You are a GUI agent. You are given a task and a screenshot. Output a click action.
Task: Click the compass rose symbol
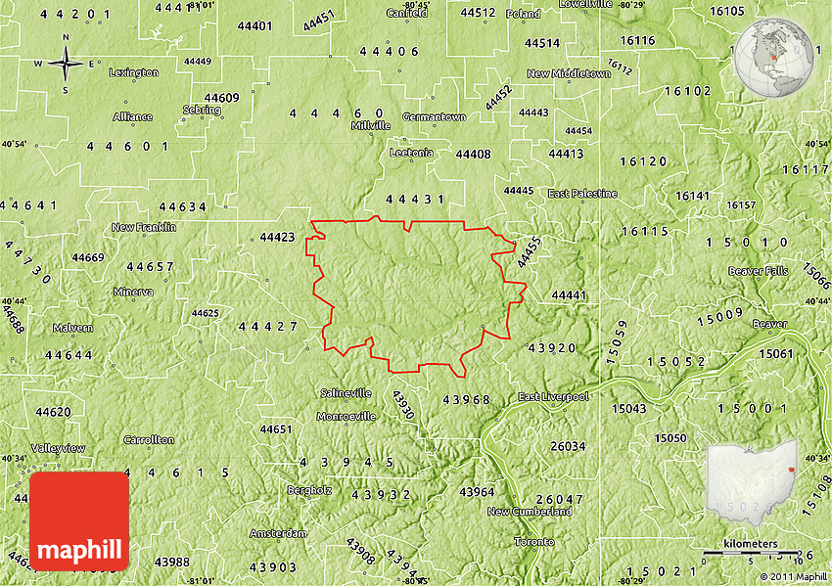click(66, 65)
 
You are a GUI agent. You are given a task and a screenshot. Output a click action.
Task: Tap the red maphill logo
click(79, 521)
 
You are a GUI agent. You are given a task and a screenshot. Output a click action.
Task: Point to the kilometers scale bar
click(751, 551)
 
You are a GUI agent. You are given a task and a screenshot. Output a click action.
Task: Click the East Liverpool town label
click(553, 397)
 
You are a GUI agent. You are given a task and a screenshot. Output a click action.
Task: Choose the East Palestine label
click(582, 194)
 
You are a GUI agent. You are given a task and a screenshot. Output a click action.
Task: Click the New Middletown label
click(569, 73)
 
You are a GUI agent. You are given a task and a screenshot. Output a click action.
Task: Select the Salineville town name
click(347, 393)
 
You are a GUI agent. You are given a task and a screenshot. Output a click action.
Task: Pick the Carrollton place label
click(149, 440)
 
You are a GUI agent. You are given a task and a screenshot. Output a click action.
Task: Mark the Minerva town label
click(133, 292)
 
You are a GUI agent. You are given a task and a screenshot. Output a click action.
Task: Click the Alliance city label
click(133, 116)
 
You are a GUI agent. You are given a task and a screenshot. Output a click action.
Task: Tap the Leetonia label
click(411, 153)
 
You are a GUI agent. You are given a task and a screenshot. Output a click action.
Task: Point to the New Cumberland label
click(530, 512)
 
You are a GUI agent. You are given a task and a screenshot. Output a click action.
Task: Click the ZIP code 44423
click(278, 237)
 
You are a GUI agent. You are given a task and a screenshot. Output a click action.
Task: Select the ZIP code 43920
click(552, 347)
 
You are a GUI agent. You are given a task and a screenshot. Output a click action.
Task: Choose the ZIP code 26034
click(568, 446)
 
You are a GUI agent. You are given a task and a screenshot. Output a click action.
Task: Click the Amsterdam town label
click(278, 533)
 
